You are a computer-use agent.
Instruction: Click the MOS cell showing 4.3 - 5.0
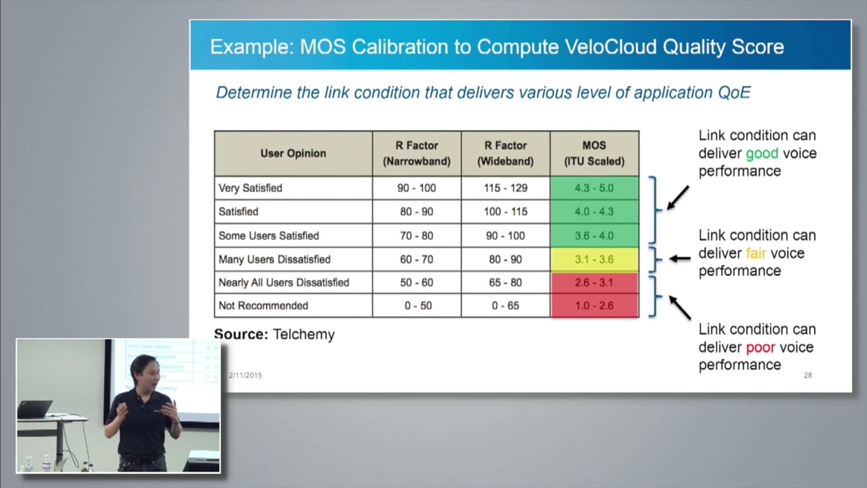(594, 188)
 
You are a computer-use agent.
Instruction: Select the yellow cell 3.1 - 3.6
(594, 259)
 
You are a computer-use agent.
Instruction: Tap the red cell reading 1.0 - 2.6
(594, 306)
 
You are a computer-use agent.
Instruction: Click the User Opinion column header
(293, 153)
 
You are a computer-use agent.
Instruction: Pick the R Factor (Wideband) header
(505, 153)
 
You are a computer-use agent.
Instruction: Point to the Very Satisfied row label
(250, 188)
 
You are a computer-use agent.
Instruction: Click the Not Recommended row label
(263, 306)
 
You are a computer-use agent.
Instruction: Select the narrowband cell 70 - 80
(417, 236)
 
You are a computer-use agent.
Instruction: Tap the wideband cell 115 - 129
(505, 188)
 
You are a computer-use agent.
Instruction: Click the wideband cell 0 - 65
(505, 306)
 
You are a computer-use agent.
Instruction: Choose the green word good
(762, 154)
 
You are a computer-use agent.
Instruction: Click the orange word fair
(756, 253)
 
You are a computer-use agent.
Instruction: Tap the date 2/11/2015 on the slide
(245, 375)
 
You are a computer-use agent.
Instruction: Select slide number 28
(808, 375)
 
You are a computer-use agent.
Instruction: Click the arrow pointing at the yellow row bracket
(680, 258)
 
